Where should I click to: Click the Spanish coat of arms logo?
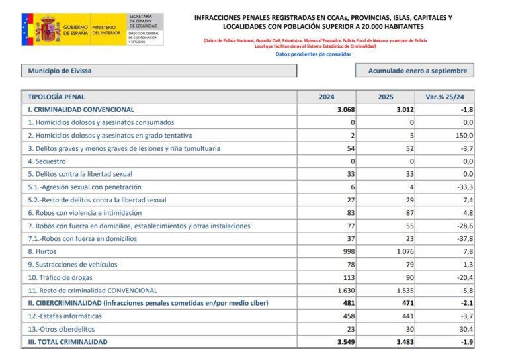point(47,29)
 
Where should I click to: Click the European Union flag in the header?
point(26,29)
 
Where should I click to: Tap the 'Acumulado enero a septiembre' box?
point(417,70)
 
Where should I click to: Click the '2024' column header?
point(326,97)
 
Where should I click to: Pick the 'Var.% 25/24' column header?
point(444,97)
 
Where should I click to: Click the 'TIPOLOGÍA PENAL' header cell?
point(56,97)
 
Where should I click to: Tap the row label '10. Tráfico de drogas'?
point(60,277)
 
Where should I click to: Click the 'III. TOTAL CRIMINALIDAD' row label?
point(67,342)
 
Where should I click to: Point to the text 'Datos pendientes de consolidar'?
point(314,54)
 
